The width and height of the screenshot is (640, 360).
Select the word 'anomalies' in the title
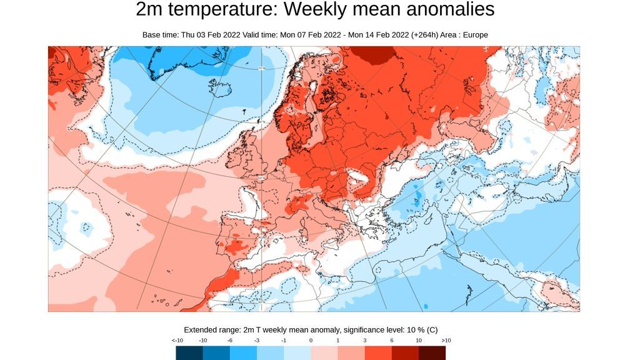tap(446, 10)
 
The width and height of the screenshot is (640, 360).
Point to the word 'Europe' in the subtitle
tap(474, 35)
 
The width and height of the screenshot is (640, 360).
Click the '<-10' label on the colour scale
tap(177, 340)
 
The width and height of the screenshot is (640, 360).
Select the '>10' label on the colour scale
tap(446, 340)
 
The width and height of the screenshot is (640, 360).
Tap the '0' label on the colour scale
tap(311, 340)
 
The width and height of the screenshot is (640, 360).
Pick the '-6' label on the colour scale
tap(231, 340)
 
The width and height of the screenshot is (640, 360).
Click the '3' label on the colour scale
tap(364, 340)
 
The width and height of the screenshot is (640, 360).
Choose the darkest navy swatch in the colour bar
tap(189, 353)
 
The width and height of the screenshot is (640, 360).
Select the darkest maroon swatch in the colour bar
tap(432, 353)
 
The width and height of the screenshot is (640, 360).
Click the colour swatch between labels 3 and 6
tap(378, 353)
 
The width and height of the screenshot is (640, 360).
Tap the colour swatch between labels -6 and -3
tap(244, 353)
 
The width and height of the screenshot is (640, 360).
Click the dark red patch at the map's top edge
tap(376, 54)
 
